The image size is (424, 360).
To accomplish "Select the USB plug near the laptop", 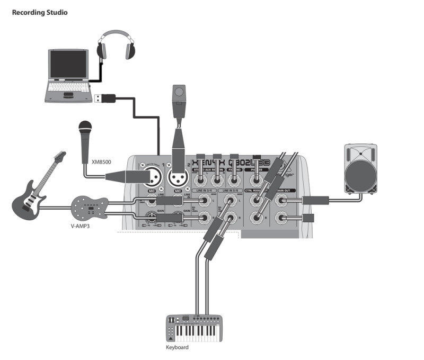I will point(103,97).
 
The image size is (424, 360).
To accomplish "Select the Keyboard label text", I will point(177,348).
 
